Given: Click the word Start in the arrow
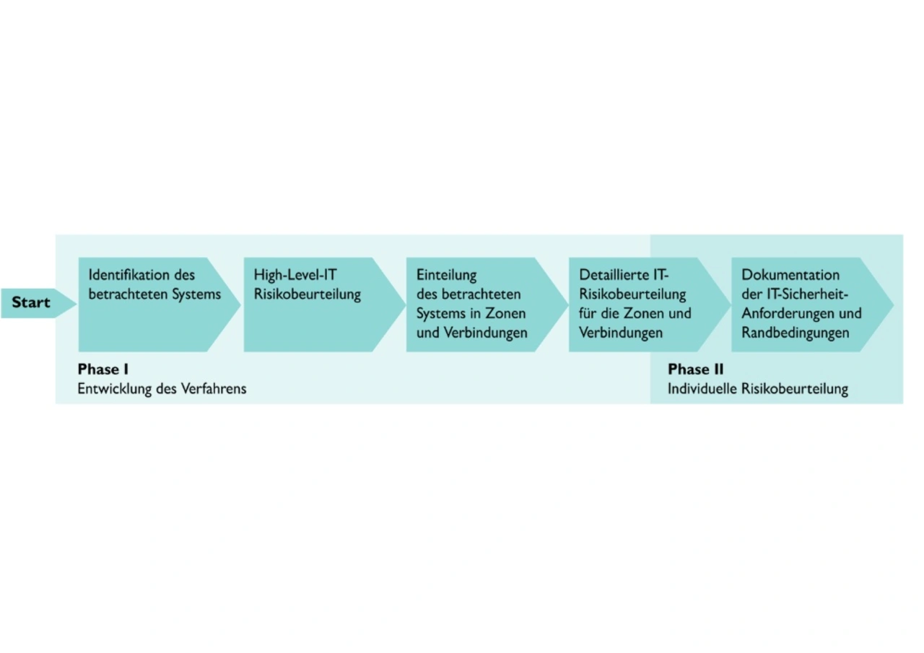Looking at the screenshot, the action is pos(31,302).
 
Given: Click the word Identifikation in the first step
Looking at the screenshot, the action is pos(129,275).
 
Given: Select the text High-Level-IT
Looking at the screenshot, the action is pos(295,275).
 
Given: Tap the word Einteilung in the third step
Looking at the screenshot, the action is pos(446,276).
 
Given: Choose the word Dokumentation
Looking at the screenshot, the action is pos(790,275).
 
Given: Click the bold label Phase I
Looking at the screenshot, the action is pos(103,369).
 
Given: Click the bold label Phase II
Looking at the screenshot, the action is pos(695,369).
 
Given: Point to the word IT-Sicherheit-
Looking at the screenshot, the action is pos(808,294).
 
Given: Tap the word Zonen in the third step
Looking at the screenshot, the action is pos(505,313).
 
